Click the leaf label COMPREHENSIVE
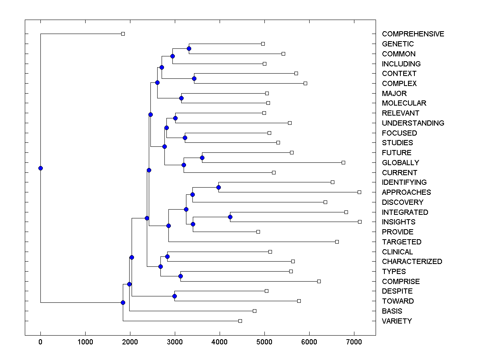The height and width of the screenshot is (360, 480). (413, 34)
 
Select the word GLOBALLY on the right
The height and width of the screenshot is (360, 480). (400, 163)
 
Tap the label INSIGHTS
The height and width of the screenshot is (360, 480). (398, 222)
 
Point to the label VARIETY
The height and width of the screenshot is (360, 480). (397, 321)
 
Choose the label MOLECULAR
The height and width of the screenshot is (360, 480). (404, 103)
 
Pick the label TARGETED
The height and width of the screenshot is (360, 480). (402, 242)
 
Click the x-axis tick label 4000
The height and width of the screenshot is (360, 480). (219, 342)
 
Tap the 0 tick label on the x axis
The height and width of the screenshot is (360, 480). (40, 342)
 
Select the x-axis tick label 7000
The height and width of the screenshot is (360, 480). (354, 342)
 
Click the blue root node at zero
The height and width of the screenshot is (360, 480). (40, 168)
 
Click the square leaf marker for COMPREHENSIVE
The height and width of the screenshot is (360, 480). (123, 34)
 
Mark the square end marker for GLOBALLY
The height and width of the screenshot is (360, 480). (343, 162)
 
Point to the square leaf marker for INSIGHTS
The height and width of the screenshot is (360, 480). (360, 222)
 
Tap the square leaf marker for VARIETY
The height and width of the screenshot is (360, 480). (240, 321)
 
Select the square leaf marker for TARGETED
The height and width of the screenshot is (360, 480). (337, 242)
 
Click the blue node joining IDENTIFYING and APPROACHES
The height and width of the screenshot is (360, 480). (218, 187)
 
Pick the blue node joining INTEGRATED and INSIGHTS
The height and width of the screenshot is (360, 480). (230, 217)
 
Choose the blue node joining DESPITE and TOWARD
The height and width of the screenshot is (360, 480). (174, 296)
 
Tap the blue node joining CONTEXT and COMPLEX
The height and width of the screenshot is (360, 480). (194, 78)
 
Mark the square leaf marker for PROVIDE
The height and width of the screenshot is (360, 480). (258, 232)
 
